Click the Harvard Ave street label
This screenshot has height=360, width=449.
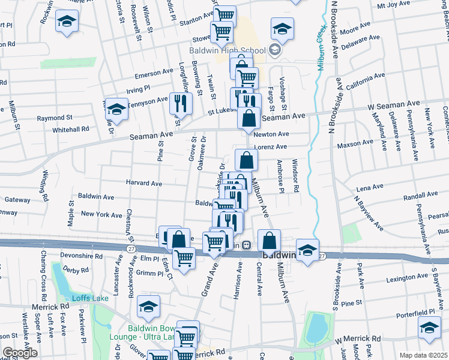pyautogui.click(x=144, y=183)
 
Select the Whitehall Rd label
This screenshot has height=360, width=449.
pyautogui.click(x=70, y=129)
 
